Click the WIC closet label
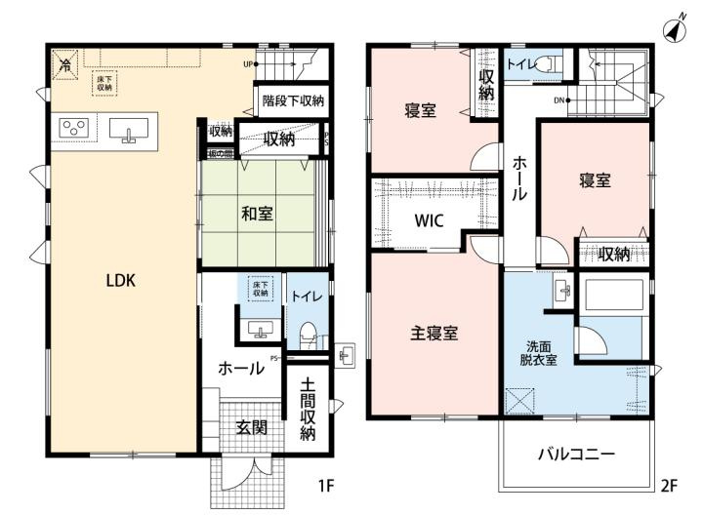point(430,220)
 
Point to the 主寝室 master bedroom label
point(434,333)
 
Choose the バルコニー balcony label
point(576,455)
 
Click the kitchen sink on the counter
point(128,130)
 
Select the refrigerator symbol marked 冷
point(65,65)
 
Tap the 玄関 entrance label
point(252,426)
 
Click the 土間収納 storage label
point(308,408)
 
